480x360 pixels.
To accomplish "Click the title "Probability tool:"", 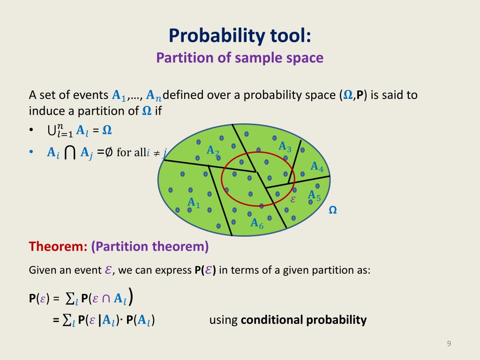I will click(x=240, y=35).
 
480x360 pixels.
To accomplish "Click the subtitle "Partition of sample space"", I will click(x=240, y=58).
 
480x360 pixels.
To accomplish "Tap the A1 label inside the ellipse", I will click(x=194, y=203).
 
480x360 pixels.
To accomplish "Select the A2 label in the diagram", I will click(x=213, y=151).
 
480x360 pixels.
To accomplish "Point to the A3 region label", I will click(x=285, y=147).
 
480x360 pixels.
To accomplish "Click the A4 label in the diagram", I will click(x=317, y=166).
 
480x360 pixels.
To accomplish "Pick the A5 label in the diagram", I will click(x=314, y=195).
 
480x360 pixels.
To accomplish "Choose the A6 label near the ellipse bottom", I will click(x=257, y=224).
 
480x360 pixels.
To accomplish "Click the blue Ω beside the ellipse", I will click(x=333, y=210).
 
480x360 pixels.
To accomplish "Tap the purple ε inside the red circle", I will click(x=293, y=199).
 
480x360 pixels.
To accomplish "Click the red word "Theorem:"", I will click(x=58, y=247).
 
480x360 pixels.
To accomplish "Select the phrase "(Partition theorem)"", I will click(x=150, y=247).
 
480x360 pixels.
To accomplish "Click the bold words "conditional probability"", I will click(x=303, y=320).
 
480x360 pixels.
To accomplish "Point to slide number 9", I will click(x=449, y=345).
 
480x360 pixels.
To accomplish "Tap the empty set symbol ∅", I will click(x=109, y=152).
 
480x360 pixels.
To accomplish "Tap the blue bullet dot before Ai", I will click(x=31, y=152).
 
